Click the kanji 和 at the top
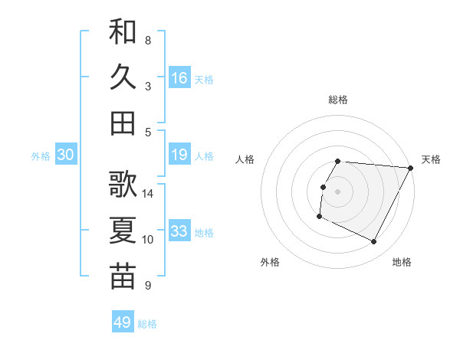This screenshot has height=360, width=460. click(123, 32)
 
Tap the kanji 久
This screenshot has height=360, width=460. click(123, 77)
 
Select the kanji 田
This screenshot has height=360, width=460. click(123, 123)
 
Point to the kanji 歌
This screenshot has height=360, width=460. click(123, 185)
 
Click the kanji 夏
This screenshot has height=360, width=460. click(123, 231)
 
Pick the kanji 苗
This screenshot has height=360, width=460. click(123, 277)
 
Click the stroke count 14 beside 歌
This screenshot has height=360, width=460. click(148, 194)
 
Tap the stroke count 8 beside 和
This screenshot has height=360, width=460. click(147, 40)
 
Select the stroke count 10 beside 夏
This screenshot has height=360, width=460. click(148, 240)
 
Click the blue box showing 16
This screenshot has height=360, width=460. click(179, 77)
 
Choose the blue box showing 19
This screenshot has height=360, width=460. click(179, 155)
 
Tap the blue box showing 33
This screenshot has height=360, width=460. click(179, 231)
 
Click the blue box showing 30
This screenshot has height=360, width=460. click(65, 155)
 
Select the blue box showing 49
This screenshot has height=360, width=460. click(123, 322)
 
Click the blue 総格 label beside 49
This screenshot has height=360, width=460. click(147, 324)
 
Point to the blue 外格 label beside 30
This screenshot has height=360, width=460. click(41, 156)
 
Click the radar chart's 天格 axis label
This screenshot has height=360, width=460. click(431, 159)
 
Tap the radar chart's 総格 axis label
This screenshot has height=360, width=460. click(338, 100)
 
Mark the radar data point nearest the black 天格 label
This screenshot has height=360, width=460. click(410, 168)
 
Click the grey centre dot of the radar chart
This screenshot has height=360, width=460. click(337, 191)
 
